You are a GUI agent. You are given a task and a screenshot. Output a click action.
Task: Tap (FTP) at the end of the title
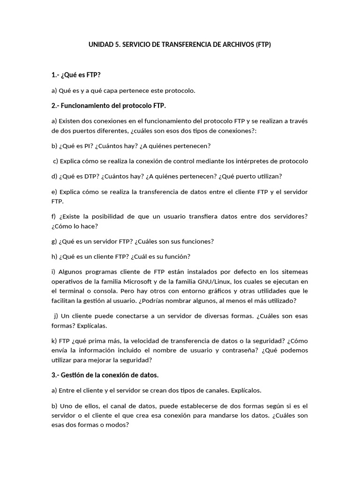point(262,45)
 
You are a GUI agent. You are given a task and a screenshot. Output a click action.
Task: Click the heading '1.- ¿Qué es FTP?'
point(76,75)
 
